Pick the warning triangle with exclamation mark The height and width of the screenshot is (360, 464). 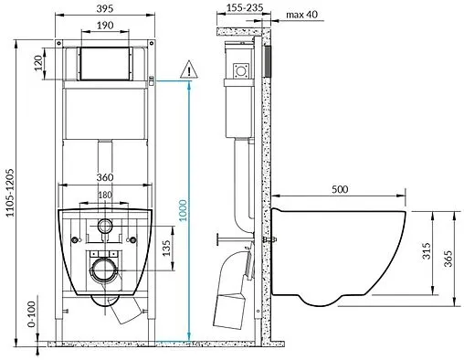coord(188,69)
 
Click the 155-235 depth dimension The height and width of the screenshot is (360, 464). coord(236,9)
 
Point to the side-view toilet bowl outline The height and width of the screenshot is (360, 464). coord(338,256)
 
